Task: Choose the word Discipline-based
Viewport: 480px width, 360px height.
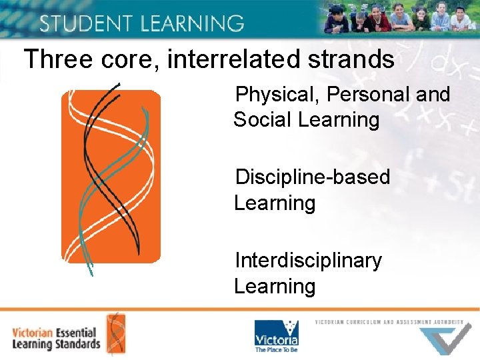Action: [x=313, y=177]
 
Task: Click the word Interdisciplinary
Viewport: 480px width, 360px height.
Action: [x=308, y=260]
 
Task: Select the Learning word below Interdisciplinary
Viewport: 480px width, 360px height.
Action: [x=275, y=286]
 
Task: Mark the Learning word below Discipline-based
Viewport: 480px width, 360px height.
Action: [x=275, y=203]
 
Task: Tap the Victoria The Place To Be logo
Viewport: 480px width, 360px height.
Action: [x=276, y=335]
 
